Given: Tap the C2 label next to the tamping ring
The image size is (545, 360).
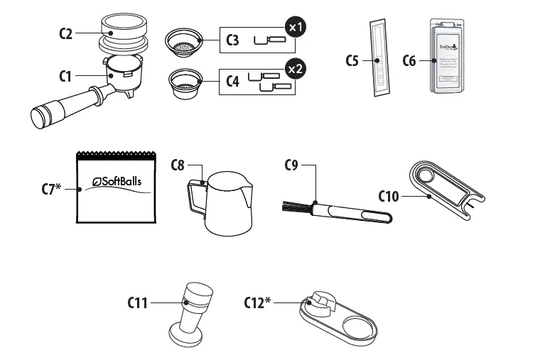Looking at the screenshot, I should tap(66, 33).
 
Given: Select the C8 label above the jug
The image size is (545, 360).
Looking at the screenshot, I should tap(179, 165).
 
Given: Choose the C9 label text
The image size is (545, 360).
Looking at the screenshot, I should tap(291, 165).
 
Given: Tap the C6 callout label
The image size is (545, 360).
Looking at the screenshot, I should tap(409, 60).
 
